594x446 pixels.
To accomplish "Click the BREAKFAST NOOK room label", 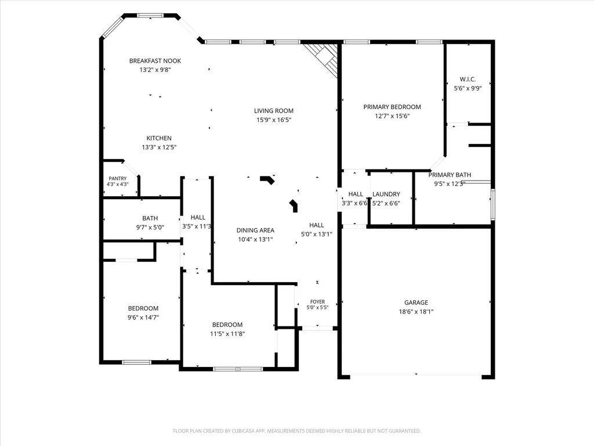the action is pos(155,60).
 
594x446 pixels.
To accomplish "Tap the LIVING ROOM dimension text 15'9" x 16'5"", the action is pos(274,120).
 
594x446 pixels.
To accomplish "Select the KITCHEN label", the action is pos(159,138).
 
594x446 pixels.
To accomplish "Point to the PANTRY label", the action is pos(117,178).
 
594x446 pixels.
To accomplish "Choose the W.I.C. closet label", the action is pos(468,79).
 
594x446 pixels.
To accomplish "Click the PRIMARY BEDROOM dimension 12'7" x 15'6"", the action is pos(392,116).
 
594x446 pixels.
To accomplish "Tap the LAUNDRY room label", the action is pos(386,194).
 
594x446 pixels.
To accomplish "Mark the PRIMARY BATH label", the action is pos(450,175).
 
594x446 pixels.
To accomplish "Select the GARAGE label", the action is pos(416,302).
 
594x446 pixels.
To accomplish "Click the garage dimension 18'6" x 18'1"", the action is pos(416,312).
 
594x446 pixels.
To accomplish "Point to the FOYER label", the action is pos(317,302).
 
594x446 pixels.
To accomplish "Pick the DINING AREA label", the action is pos(255,230).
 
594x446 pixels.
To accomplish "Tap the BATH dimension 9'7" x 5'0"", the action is pos(150,228).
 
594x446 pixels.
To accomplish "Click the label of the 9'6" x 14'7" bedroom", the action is pos(143,308).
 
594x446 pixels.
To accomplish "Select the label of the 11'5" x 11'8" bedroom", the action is pos(227,325).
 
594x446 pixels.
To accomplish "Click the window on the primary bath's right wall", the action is pos(492,204).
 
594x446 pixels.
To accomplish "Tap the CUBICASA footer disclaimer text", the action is pos(296,431).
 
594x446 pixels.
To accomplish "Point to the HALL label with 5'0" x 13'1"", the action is pos(316,225).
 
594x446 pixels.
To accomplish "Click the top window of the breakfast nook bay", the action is pos(150,16).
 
